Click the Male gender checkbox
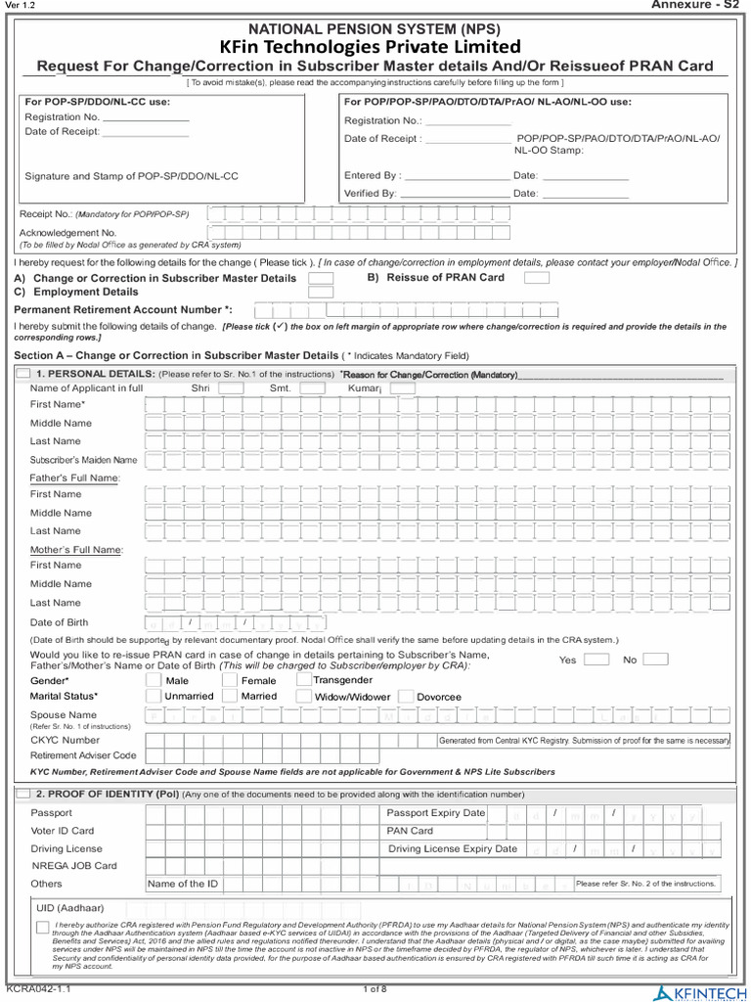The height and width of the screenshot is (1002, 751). (x=154, y=680)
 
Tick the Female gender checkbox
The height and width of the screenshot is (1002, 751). (x=230, y=680)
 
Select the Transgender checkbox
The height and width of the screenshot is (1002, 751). (x=304, y=679)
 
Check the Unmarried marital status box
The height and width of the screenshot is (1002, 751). (x=154, y=696)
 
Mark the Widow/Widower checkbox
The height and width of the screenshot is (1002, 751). (x=304, y=696)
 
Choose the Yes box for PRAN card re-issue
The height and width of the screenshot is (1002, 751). (x=596, y=660)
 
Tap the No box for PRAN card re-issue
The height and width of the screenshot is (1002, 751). (x=655, y=660)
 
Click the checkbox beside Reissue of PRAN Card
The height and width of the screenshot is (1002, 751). (x=536, y=278)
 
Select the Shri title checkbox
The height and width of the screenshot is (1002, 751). (x=231, y=388)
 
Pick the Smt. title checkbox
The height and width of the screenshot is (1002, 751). (x=312, y=388)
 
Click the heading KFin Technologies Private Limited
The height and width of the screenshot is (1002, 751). (x=375, y=47)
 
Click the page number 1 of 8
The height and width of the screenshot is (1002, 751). (x=375, y=989)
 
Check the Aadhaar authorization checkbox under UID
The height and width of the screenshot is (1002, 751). (x=43, y=927)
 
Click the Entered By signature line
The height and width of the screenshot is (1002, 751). (x=456, y=176)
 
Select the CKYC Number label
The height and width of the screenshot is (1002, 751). (x=65, y=740)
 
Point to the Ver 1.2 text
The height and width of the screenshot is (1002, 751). (x=20, y=6)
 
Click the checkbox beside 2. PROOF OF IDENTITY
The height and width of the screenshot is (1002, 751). (x=23, y=794)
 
